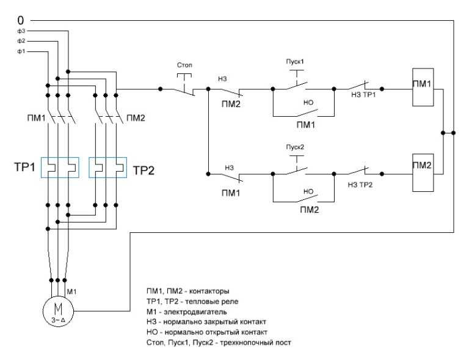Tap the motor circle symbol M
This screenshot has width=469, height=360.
58,311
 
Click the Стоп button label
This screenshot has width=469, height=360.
184,65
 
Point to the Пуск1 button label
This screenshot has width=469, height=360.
295,61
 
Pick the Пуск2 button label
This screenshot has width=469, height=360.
295,147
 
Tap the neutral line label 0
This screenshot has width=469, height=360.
20,20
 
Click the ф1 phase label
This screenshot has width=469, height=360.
21,51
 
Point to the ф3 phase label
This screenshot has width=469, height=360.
21,31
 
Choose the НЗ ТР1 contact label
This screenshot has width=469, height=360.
363,95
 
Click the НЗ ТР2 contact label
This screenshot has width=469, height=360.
360,185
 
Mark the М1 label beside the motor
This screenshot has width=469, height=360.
71,291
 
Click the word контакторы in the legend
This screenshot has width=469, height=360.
209,291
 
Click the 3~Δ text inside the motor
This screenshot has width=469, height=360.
58,320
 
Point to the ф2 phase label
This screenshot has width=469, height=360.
21,41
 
